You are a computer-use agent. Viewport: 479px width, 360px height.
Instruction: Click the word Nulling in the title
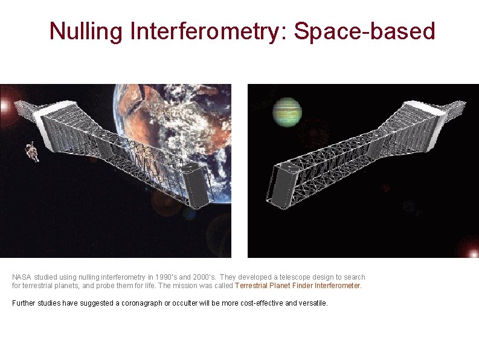(86, 31)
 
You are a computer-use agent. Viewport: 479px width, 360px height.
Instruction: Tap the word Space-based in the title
(364, 31)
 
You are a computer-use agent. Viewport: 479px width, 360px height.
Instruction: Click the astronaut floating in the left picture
(32, 152)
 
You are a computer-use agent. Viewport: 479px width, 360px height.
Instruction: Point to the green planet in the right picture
(286, 112)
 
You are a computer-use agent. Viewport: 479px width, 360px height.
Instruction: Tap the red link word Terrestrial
(252, 286)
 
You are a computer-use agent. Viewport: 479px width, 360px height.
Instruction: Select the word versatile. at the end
(313, 303)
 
